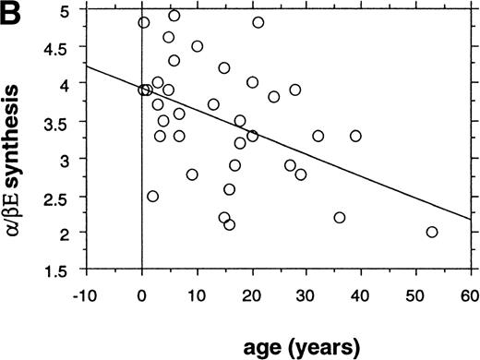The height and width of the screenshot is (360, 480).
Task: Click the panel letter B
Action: pyautogui.click(x=12, y=14)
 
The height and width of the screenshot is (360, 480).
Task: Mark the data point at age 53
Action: pyautogui.click(x=432, y=232)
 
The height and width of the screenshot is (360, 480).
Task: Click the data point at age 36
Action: pyautogui.click(x=339, y=217)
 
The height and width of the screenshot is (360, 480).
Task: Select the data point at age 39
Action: pyautogui.click(x=355, y=136)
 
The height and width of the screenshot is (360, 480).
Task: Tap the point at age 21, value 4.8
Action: pyautogui.click(x=258, y=22)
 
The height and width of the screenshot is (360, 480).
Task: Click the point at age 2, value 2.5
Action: pyautogui.click(x=152, y=196)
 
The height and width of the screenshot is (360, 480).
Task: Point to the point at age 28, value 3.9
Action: pyautogui.click(x=295, y=90)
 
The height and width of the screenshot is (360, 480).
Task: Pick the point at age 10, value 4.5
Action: pyautogui.click(x=197, y=46)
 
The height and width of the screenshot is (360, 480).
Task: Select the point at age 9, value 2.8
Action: pyautogui.click(x=192, y=174)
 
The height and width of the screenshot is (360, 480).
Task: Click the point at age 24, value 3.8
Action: pyautogui.click(x=273, y=97)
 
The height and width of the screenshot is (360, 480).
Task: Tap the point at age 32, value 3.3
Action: pyautogui.click(x=318, y=136)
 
